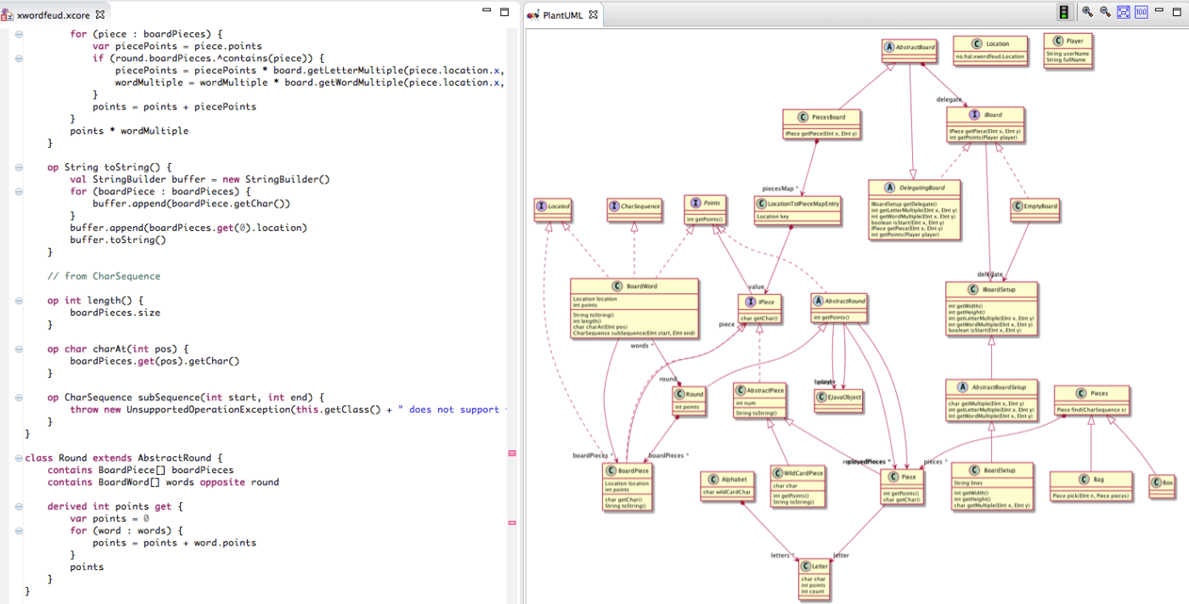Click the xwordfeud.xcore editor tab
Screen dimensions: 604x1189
pos(53,15)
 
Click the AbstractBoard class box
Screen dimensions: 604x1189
pos(909,52)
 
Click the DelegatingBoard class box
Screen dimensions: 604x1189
pos(915,209)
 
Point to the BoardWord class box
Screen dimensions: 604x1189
pos(634,308)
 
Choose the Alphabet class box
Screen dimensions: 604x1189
pos(727,485)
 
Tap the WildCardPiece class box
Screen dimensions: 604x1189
pos(797,486)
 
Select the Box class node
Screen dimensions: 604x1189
pos(1161,485)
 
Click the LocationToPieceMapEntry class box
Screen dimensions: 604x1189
pos(797,210)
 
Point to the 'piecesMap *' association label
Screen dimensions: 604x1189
pos(779,189)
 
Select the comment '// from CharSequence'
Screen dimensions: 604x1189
pos(104,276)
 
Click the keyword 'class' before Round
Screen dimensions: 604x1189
pos(38,458)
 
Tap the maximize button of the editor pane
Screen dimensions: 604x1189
pos(504,12)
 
